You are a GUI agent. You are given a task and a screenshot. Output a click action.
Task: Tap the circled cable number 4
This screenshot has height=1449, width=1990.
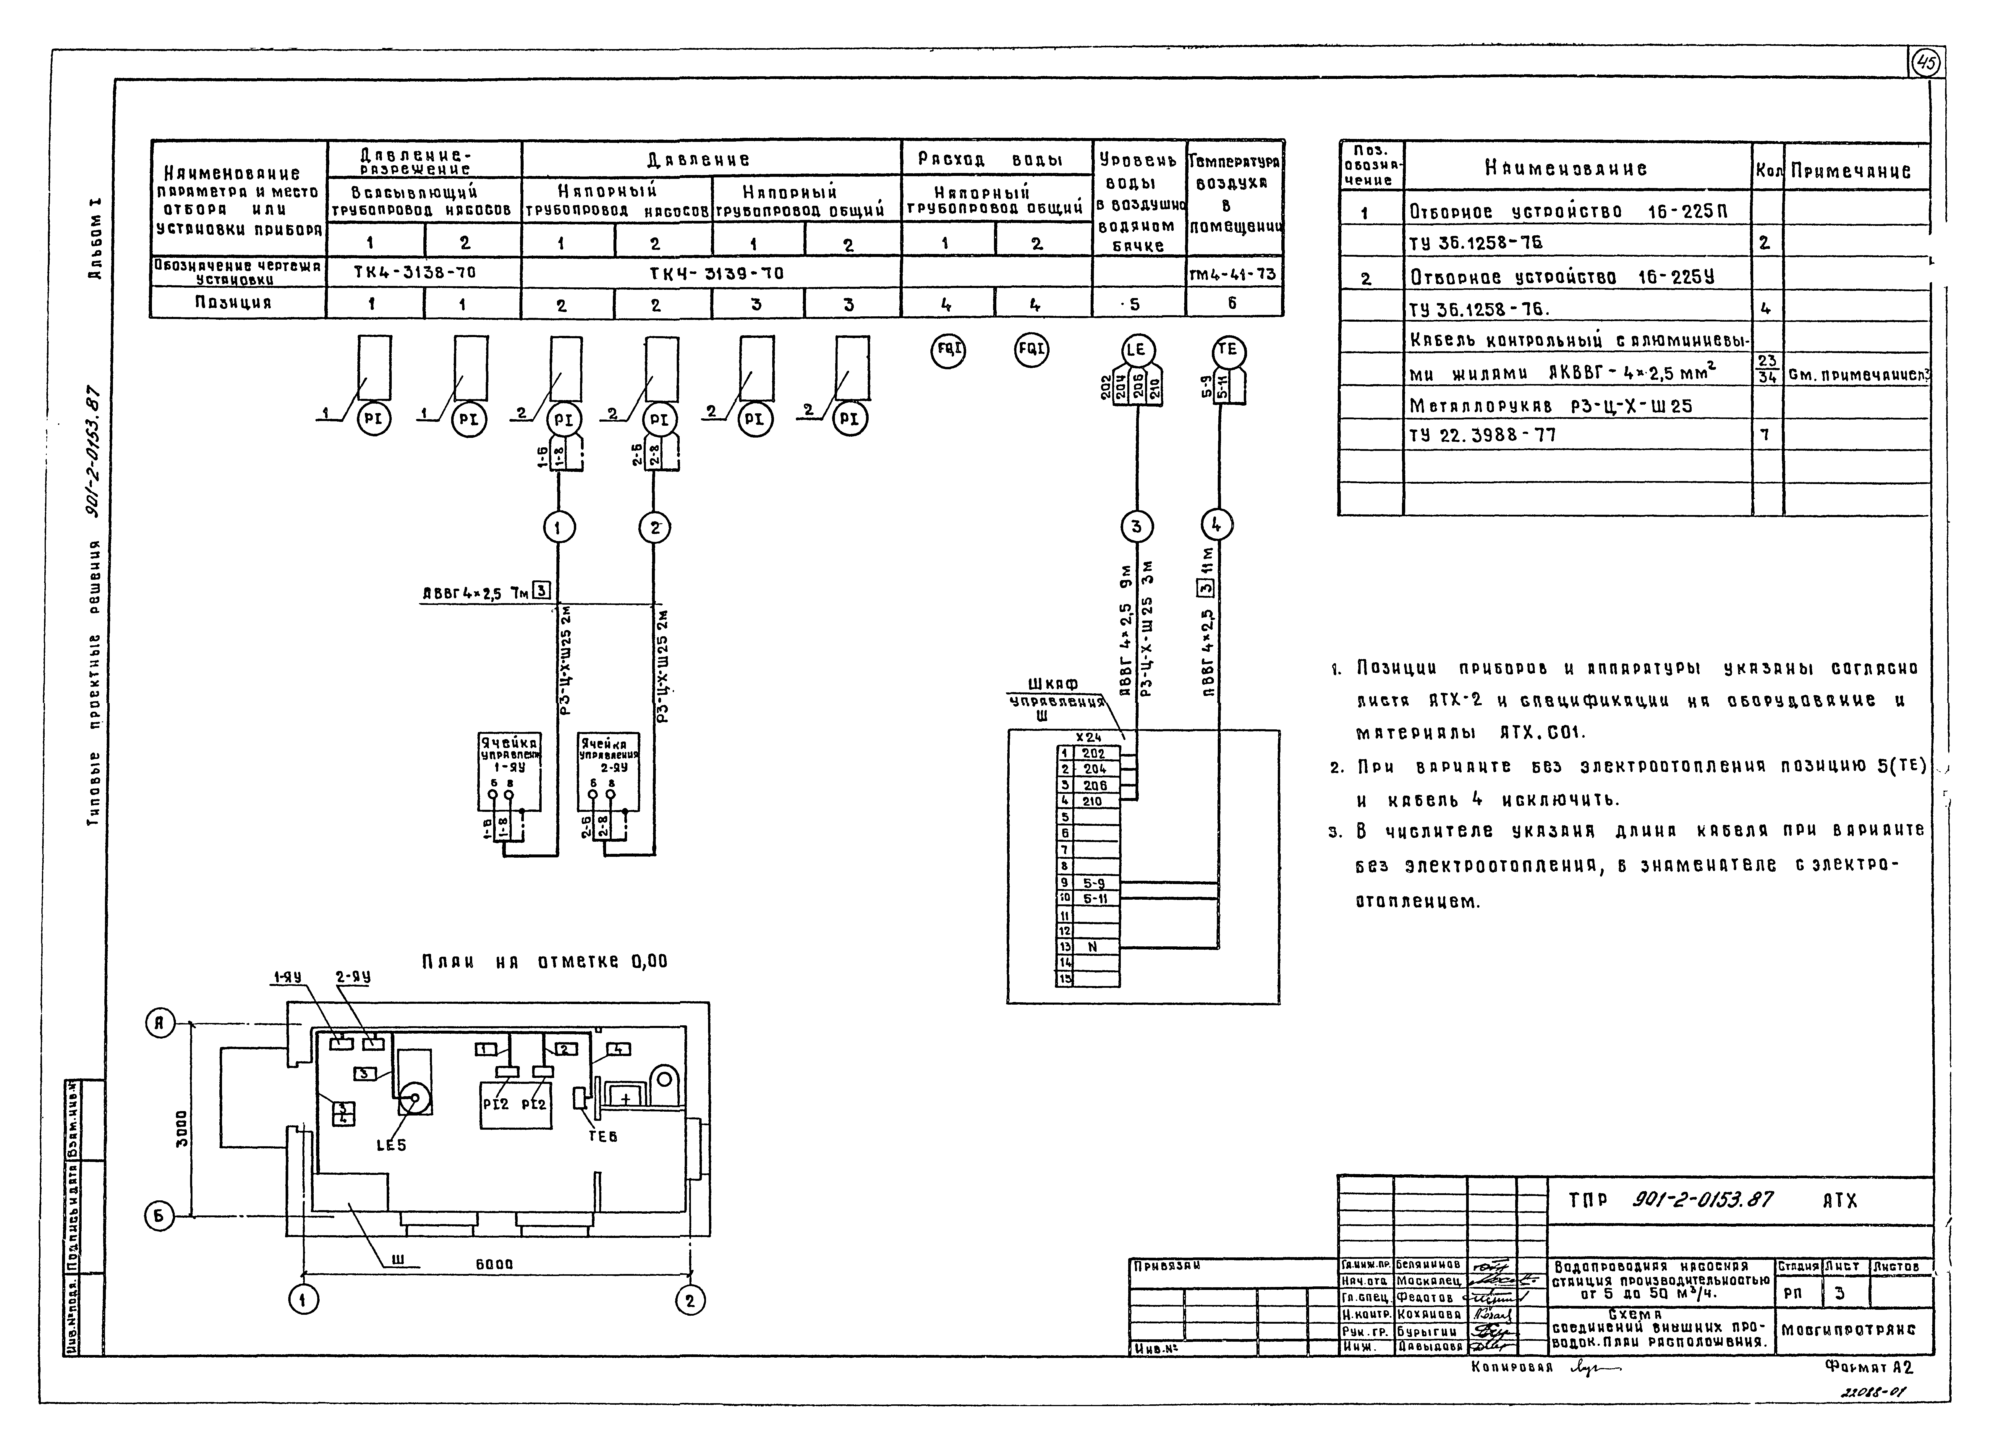tap(1216, 525)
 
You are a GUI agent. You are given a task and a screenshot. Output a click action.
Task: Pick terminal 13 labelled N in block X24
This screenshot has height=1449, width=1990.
tap(1092, 947)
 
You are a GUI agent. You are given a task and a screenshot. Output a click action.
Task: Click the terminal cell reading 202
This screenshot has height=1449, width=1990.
tap(1094, 753)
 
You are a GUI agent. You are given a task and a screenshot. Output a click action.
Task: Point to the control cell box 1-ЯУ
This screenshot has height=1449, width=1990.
tap(509, 771)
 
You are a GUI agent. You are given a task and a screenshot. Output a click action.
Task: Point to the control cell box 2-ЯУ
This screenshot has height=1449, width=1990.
tap(608, 771)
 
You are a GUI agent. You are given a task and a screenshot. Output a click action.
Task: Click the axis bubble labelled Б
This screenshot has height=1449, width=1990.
tap(160, 1216)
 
